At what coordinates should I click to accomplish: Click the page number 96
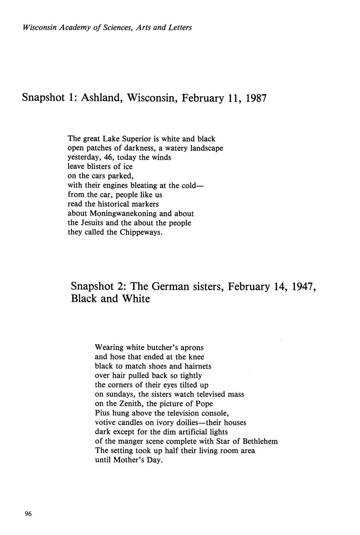[28, 514]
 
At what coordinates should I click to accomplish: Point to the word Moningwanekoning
[123, 214]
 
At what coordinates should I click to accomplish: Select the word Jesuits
[93, 223]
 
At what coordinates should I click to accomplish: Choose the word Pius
[102, 413]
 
